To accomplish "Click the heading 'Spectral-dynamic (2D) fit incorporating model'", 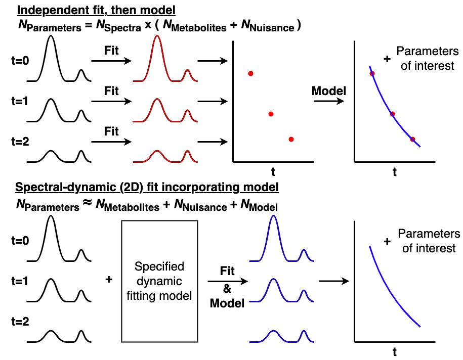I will [x=147, y=187].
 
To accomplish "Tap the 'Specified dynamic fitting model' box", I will [x=159, y=281].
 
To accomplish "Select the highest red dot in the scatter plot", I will [x=250, y=74].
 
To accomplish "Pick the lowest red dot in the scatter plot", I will [x=291, y=139].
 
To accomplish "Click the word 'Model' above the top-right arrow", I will [x=329, y=91].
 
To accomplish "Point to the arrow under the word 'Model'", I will [x=329, y=102].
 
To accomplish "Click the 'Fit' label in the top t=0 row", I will [x=111, y=51].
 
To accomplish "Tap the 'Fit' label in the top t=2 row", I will [x=111, y=131].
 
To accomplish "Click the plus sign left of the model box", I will [x=108, y=279].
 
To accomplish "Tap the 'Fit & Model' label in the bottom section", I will [x=227, y=288].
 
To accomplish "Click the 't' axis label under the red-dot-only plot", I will [x=273, y=171].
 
